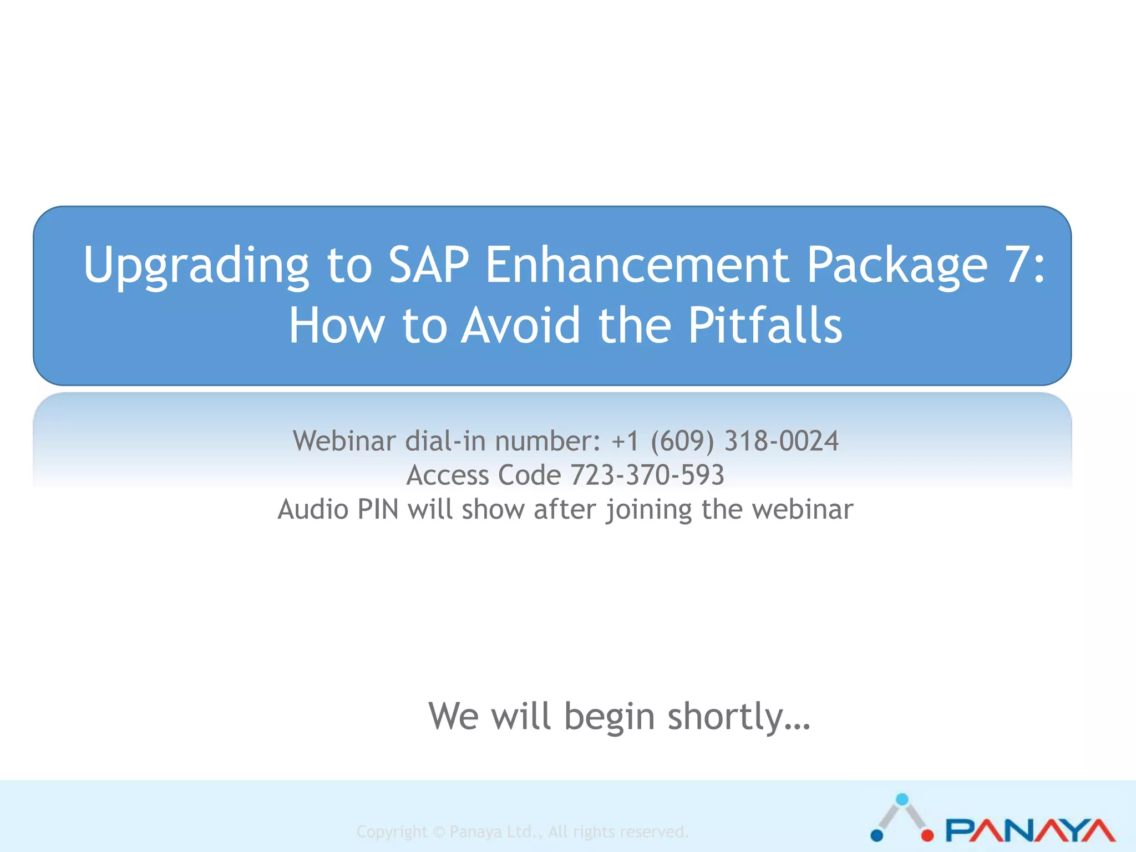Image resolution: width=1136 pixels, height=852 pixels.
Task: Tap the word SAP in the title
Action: pyautogui.click(x=428, y=265)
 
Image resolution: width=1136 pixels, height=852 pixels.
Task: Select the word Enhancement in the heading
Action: pyautogui.click(x=637, y=265)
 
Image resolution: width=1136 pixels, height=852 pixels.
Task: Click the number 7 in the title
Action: pyautogui.click(x=1017, y=265)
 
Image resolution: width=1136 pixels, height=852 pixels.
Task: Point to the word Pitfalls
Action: pyautogui.click(x=765, y=326)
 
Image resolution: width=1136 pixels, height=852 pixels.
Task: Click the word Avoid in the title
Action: pyautogui.click(x=521, y=326)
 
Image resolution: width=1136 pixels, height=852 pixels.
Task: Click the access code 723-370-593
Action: pyautogui.click(x=647, y=475)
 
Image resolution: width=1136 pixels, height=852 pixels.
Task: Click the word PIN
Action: pyautogui.click(x=378, y=509)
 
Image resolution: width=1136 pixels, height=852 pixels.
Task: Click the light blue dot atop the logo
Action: pyautogui.click(x=902, y=799)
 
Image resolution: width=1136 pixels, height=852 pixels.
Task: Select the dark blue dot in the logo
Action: pyautogui.click(x=877, y=835)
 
